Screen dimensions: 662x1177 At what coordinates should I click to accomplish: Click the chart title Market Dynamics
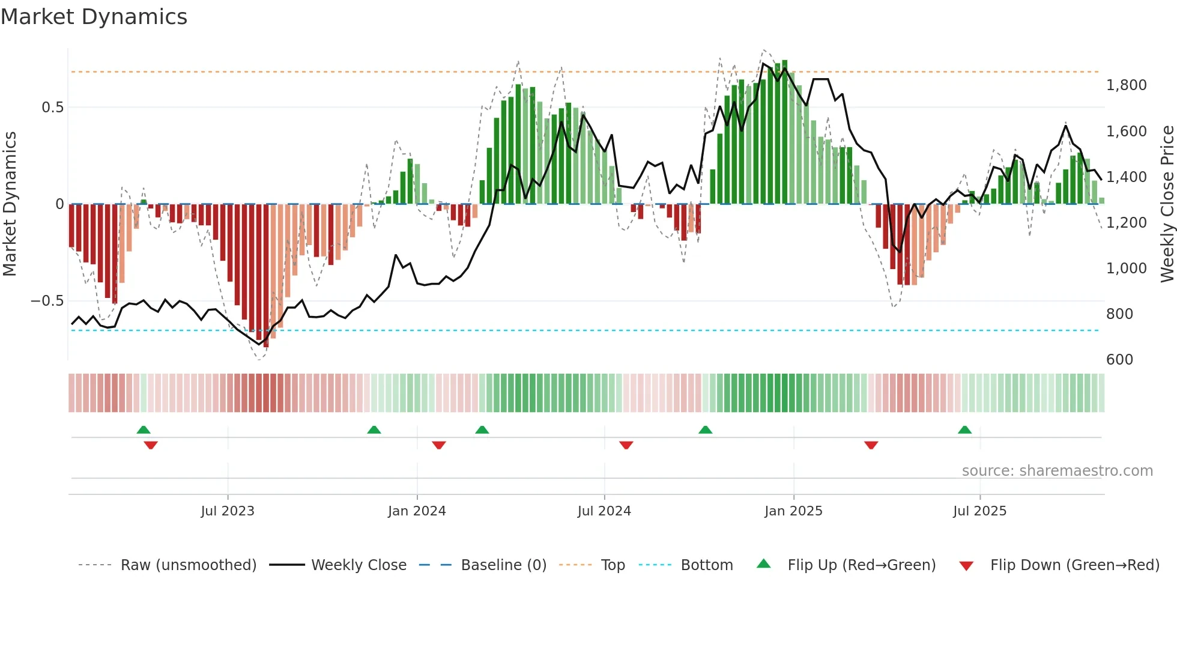point(94,17)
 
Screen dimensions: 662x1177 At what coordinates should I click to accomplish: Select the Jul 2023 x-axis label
point(228,511)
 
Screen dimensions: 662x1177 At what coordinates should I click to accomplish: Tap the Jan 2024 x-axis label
point(417,511)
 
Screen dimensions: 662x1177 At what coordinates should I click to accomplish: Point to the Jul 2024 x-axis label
point(604,511)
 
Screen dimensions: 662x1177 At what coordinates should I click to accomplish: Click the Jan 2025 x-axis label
point(793,511)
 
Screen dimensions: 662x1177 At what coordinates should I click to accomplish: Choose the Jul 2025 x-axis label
point(979,511)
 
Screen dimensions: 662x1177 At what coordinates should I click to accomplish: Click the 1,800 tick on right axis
point(1126,85)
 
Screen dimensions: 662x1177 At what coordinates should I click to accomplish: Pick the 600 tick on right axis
point(1119,360)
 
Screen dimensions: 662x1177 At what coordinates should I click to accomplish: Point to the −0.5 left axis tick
point(47,301)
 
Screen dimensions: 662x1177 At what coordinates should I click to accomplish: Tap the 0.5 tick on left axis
point(52,108)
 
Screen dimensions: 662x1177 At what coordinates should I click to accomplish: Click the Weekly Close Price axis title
point(1167,204)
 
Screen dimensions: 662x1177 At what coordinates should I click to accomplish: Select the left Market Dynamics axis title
point(10,204)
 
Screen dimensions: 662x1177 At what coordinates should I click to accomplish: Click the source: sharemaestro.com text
point(1057,471)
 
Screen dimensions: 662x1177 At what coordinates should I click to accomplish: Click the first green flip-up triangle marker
point(144,430)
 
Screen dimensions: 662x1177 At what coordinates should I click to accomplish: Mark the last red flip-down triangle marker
point(871,445)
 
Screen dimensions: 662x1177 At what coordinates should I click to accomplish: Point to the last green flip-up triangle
point(964,430)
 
